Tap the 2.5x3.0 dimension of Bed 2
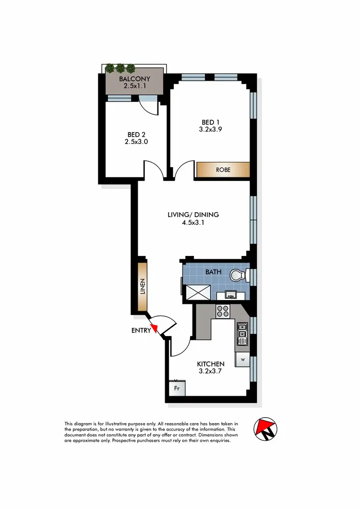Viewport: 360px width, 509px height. pos(134,142)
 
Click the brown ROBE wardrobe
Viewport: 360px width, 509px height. pos(223,170)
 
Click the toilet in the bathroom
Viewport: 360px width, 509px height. pos(238,275)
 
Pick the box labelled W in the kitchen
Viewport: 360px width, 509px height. pos(242,359)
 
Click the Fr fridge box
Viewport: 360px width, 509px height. pos(177,388)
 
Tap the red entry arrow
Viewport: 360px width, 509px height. pos(154,328)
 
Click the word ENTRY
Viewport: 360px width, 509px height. pos(141,330)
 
